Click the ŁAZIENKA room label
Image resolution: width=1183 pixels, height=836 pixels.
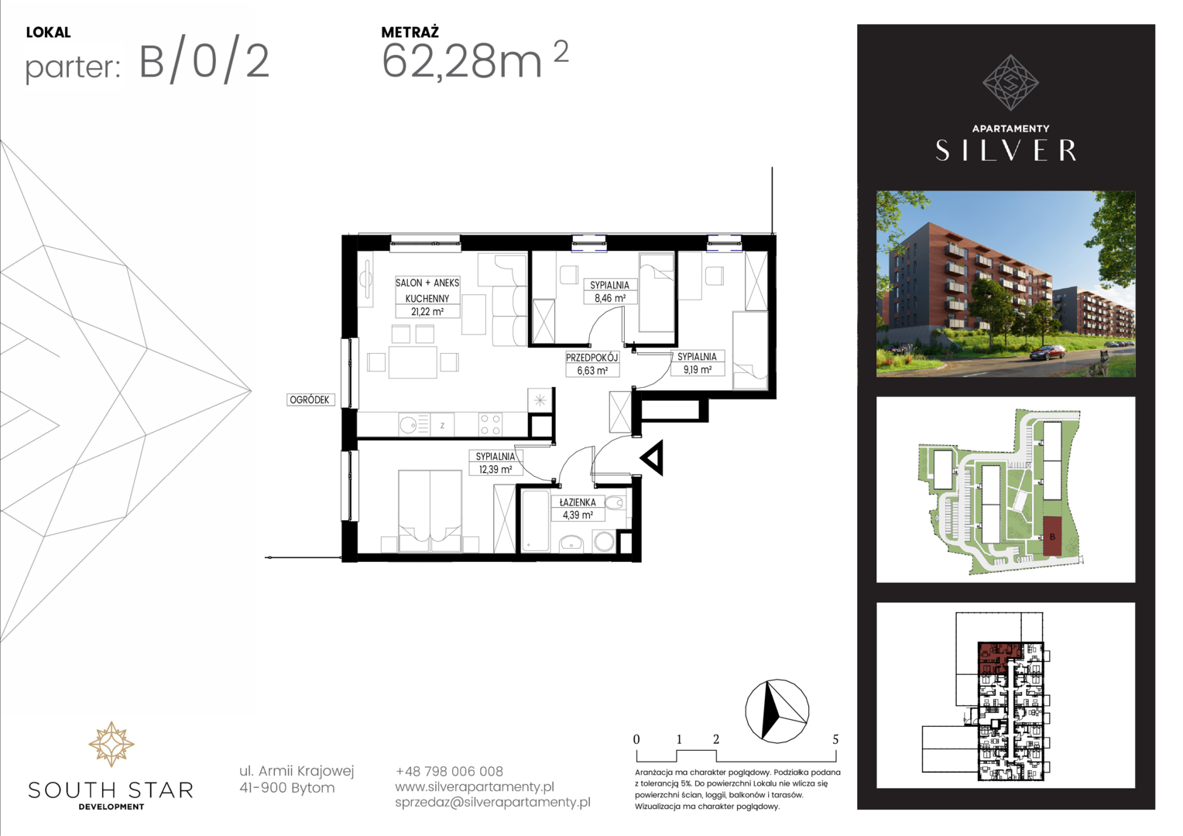578,502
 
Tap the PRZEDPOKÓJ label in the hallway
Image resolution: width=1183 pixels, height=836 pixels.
591,358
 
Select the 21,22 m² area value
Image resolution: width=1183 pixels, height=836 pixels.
427,312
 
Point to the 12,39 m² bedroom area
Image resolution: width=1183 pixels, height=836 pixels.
495,469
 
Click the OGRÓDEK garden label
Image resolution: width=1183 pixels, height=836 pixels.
310,399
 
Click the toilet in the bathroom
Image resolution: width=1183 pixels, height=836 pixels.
615,503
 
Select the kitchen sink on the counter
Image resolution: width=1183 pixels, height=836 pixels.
408,425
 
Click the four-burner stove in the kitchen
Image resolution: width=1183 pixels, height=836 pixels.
490,425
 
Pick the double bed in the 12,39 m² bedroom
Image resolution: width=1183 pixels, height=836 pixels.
430,511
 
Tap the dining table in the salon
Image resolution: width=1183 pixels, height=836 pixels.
413,361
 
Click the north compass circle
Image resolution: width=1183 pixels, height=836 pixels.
777,711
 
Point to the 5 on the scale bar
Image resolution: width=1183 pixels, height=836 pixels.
835,739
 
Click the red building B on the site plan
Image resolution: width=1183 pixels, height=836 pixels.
1052,536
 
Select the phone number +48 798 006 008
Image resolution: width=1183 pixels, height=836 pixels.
449,771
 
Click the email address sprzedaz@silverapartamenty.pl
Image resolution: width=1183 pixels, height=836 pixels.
492,802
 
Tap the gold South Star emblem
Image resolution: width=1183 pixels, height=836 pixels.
111,744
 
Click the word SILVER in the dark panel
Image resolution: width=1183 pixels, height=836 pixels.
1006,150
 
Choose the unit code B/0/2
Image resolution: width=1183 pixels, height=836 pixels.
204,63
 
